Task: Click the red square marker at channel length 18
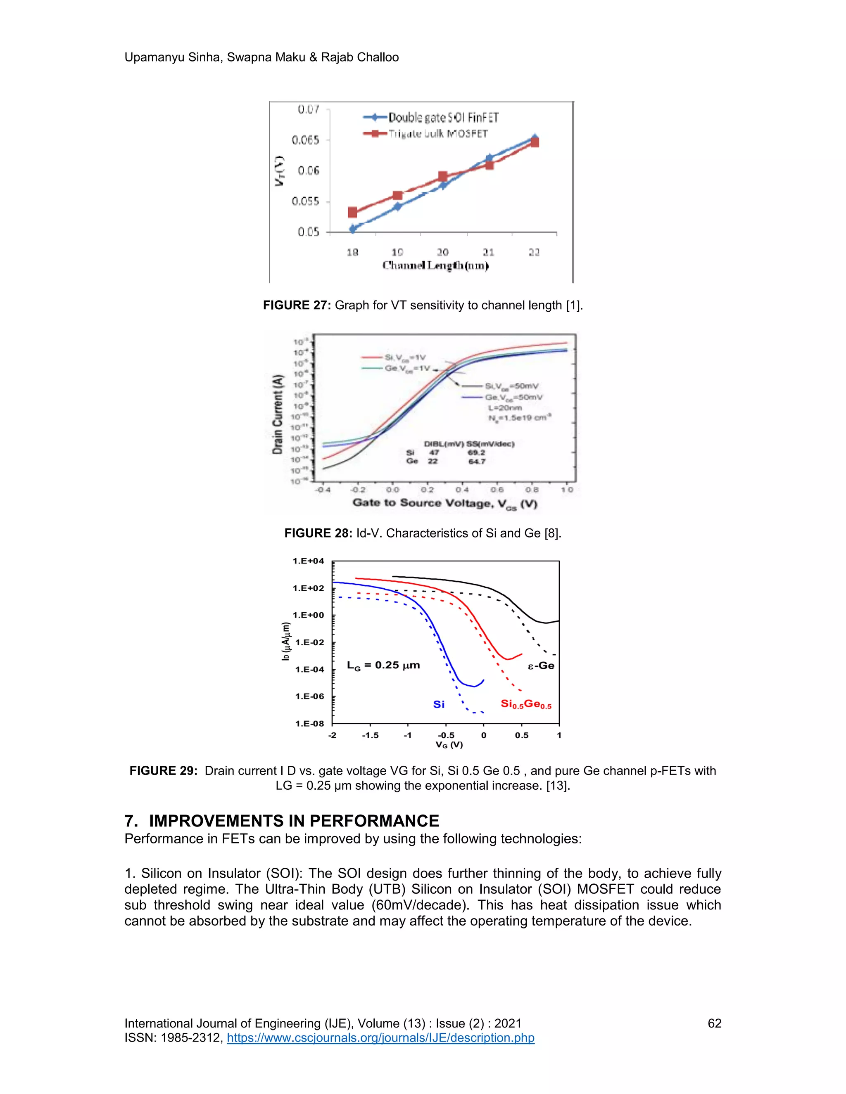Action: pos(352,212)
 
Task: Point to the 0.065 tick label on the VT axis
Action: pos(305,140)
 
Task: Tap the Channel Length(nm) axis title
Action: pos(435,265)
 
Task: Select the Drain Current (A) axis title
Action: pos(277,414)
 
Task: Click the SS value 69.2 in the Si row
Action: pos(476,452)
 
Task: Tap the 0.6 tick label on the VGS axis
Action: pos(497,489)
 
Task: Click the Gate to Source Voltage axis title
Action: pos(444,503)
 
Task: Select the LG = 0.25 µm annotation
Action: pos(383,665)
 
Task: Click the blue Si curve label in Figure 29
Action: pos(439,704)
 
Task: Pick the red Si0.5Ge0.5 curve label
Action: pos(526,704)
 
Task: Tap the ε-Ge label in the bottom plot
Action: pos(541,666)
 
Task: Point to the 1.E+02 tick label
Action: pos(308,588)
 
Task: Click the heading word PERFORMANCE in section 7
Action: pos(374,821)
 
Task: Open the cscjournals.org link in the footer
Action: pos(380,1037)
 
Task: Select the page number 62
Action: pos(714,1023)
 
